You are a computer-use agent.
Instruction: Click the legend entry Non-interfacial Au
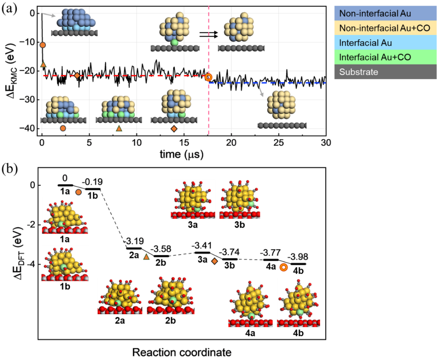pyautogui.click(x=375, y=13)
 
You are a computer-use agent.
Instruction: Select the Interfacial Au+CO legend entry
pyautogui.click(x=375, y=57)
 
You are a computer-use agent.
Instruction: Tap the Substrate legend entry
pyautogui.click(x=359, y=72)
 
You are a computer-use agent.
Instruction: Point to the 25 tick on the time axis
pyautogui.click(x=278, y=143)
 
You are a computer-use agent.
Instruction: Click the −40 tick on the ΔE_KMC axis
pyautogui.click(x=27, y=128)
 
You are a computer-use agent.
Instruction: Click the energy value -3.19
pyautogui.click(x=134, y=241)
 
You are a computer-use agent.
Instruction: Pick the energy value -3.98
pyautogui.click(x=298, y=257)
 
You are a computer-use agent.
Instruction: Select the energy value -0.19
pyautogui.click(x=92, y=182)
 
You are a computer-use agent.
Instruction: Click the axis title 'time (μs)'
pyautogui.click(x=181, y=154)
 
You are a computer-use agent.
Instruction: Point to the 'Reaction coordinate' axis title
pyautogui.click(x=182, y=352)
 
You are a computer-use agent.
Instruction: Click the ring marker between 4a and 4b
pyautogui.click(x=283, y=267)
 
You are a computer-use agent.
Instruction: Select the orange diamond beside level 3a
pyautogui.click(x=214, y=261)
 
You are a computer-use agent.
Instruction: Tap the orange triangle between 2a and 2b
pyautogui.click(x=146, y=257)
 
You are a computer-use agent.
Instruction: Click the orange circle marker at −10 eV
pyautogui.click(x=42, y=45)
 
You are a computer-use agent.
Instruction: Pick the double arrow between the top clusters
pyautogui.click(x=208, y=34)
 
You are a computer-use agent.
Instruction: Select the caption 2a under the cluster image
pyautogui.click(x=120, y=321)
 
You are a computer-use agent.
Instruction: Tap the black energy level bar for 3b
pyautogui.click(x=230, y=259)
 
